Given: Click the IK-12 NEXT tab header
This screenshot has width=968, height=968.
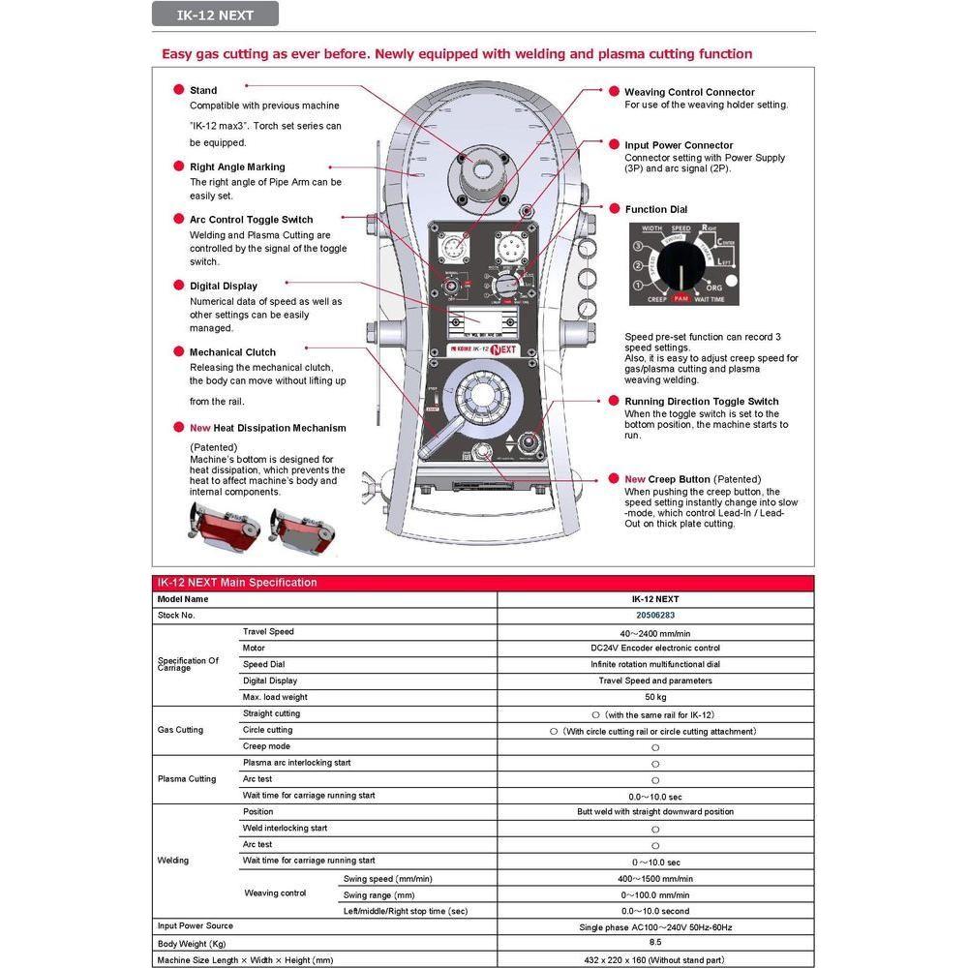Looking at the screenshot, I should click(x=215, y=14).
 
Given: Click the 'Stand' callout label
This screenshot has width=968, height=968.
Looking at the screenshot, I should click(x=203, y=90).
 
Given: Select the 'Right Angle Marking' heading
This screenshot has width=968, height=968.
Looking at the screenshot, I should click(x=237, y=166).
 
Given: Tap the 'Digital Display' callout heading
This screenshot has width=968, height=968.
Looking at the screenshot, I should click(x=224, y=286).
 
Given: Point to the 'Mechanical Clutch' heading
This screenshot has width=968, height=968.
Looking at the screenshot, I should click(x=232, y=352).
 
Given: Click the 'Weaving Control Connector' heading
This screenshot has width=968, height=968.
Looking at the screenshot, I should click(x=689, y=92).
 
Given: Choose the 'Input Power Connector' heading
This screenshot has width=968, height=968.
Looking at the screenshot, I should click(x=679, y=145).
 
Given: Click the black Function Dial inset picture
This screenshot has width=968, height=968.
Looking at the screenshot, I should click(x=683, y=264).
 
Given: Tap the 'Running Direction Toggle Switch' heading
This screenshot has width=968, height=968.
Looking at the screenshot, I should click(x=701, y=401).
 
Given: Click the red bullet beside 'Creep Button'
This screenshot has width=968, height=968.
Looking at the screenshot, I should click(x=614, y=478).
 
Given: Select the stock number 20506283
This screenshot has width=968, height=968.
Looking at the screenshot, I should click(x=654, y=616).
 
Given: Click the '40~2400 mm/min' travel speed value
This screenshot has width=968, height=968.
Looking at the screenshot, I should click(x=654, y=632).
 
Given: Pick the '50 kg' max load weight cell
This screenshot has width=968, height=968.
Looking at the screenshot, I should click(x=654, y=697).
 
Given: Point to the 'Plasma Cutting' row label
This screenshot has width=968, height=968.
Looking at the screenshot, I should click(x=187, y=779).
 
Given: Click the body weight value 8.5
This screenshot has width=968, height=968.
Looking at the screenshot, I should click(x=654, y=942).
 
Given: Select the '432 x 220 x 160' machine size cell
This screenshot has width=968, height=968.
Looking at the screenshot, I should click(x=654, y=959).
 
